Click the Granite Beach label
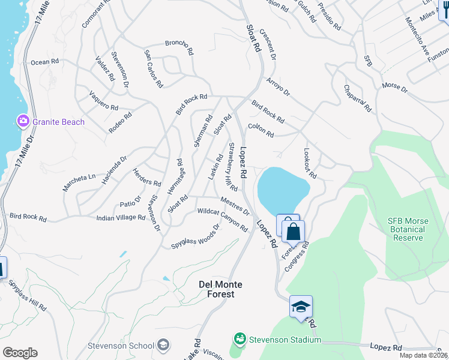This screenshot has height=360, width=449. pyautogui.click(x=58, y=122)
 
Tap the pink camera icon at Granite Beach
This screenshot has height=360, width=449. pyautogui.click(x=23, y=121)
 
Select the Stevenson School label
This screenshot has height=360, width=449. pyautogui.click(x=120, y=346)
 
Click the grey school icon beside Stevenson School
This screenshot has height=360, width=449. pyautogui.click(x=163, y=345)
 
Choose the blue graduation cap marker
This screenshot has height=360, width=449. pyautogui.click(x=301, y=307)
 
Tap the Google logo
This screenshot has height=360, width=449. pyautogui.click(x=19, y=352)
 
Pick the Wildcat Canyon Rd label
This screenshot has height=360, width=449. pyautogui.click(x=222, y=220)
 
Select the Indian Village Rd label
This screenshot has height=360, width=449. pyautogui.click(x=121, y=218)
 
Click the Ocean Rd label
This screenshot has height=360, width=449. pyautogui.click(x=45, y=61)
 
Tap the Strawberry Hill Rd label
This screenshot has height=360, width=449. pyautogui.click(x=232, y=166)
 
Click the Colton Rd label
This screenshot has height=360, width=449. pyautogui.click(x=261, y=130)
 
